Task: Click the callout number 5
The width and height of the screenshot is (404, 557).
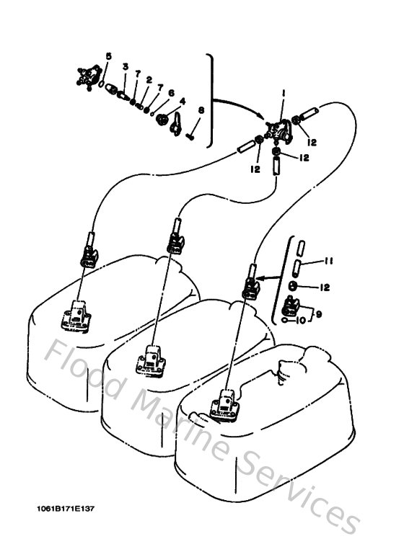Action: point(109,55)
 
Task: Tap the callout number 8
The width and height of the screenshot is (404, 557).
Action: point(201,110)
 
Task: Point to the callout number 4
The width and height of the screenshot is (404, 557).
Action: point(183,102)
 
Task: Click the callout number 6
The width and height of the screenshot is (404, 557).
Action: point(171,93)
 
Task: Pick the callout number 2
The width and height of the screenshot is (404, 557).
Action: point(149,79)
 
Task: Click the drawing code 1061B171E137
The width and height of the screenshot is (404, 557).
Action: point(66,508)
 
